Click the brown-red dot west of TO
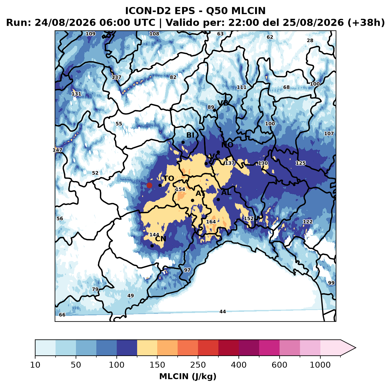(149, 185)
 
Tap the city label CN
(160, 239)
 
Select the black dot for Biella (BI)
(183, 142)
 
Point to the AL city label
(226, 193)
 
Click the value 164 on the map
(211, 222)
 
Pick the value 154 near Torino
(180, 189)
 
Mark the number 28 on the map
(310, 40)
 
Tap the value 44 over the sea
(223, 312)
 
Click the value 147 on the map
(57, 150)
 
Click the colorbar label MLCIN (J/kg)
(188, 377)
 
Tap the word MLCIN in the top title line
(248, 11)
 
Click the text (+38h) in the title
(366, 23)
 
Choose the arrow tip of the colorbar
(356, 348)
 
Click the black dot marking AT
(193, 201)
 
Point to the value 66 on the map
(62, 315)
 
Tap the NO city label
(227, 145)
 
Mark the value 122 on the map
(308, 222)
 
